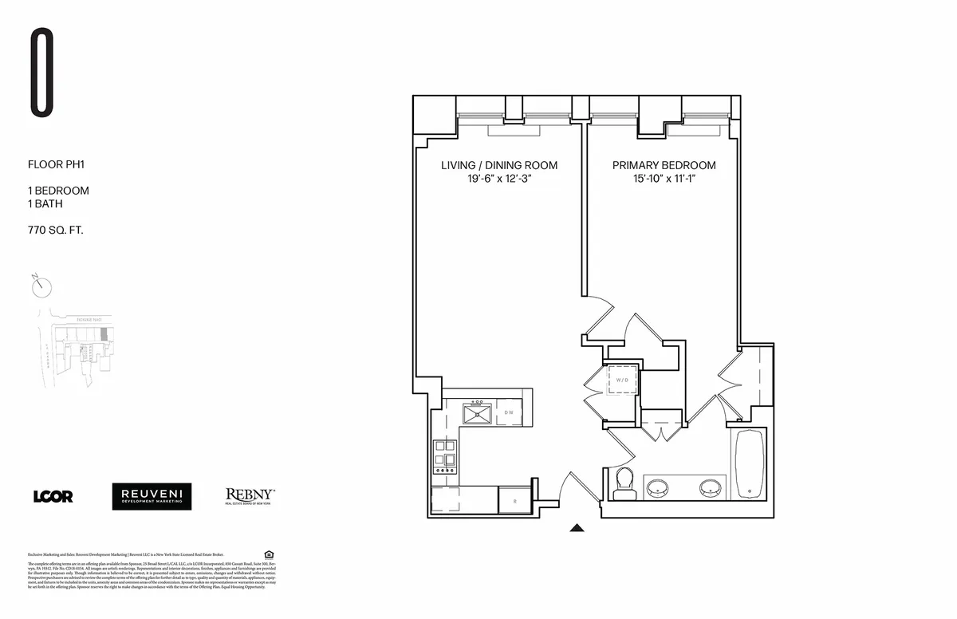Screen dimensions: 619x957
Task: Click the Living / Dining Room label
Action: pos(499,165)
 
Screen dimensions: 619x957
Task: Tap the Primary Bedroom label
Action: pos(664,165)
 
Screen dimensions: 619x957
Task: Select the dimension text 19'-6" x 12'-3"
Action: pos(499,179)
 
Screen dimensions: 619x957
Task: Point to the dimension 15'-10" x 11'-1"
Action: pos(664,179)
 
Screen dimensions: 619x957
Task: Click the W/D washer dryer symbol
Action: pos(622,380)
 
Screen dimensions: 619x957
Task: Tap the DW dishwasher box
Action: pos(509,412)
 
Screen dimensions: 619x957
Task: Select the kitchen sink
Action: pos(478,413)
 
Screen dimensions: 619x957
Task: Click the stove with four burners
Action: pos(444,458)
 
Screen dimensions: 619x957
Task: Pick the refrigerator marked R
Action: pos(514,501)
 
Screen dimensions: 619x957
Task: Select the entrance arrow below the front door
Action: pos(577,527)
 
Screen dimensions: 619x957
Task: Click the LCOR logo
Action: pos(53,496)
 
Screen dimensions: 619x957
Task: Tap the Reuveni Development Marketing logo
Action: pos(152,496)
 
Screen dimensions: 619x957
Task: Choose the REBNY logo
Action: pos(250,496)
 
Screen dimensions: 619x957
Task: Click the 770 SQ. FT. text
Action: pos(56,231)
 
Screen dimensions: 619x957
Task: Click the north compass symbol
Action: pos(43,286)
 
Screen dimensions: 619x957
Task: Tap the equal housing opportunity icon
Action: pos(268,554)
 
